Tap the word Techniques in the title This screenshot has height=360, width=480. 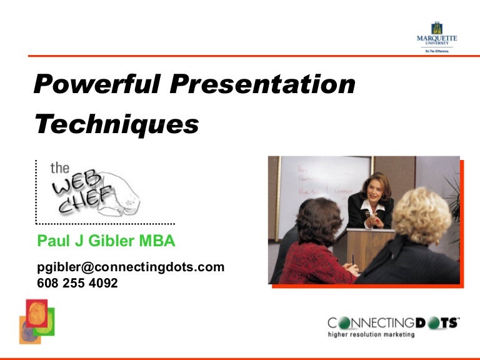tap(117, 124)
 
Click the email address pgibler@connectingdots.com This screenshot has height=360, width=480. tap(131, 267)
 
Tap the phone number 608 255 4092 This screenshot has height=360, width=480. tap(77, 282)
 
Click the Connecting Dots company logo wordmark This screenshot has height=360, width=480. tap(393, 322)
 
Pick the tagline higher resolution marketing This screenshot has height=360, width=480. tap(371, 334)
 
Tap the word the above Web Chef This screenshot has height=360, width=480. tap(59, 167)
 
